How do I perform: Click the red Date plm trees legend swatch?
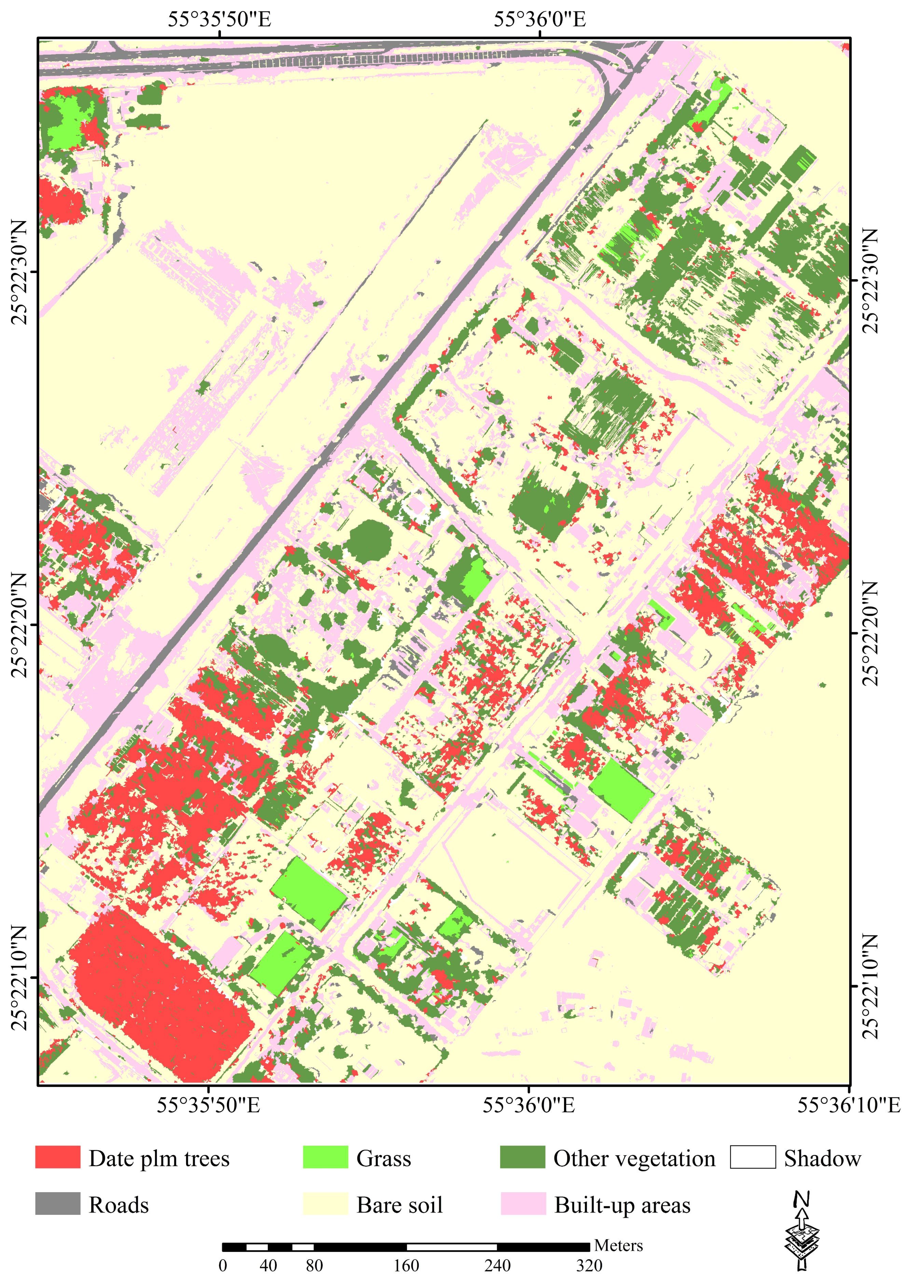pos(58,1157)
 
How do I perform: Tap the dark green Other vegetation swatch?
pos(522,1157)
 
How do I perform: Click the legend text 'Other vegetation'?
pos(634,1158)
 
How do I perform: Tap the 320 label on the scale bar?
pos(589,1266)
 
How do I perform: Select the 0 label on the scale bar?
pos(223,1266)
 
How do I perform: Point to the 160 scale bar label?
pos(407,1266)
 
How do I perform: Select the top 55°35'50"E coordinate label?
pos(219,19)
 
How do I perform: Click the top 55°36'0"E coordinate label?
pos(540,19)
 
